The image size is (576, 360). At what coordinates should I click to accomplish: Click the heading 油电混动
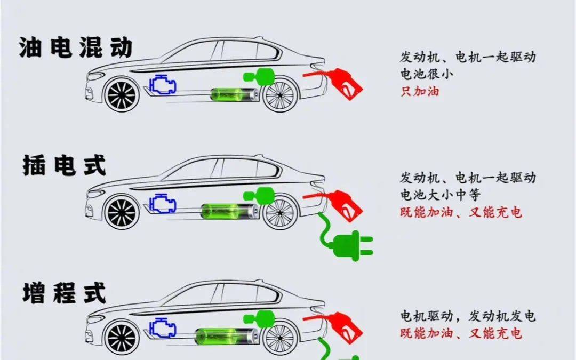click(75, 48)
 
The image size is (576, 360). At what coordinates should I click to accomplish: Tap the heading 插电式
click(65, 166)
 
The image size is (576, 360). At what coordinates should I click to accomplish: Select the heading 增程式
click(65, 293)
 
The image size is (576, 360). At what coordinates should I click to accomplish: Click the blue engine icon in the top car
click(163, 84)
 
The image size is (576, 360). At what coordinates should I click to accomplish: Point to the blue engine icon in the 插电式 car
click(163, 203)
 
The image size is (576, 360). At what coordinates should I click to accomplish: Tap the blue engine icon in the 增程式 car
click(163, 327)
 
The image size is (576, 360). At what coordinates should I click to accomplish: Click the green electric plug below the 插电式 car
click(345, 239)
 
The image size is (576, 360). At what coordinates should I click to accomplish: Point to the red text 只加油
click(420, 91)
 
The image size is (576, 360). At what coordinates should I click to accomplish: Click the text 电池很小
click(427, 74)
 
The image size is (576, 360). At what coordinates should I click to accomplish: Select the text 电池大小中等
click(440, 195)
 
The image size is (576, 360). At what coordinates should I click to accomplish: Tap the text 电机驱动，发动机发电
click(468, 316)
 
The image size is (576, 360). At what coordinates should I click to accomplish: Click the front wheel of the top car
click(122, 95)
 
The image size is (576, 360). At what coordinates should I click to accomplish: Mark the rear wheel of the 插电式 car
click(280, 212)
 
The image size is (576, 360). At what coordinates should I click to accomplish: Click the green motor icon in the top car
click(259, 77)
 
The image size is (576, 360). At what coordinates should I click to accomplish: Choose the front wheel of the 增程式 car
click(122, 338)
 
